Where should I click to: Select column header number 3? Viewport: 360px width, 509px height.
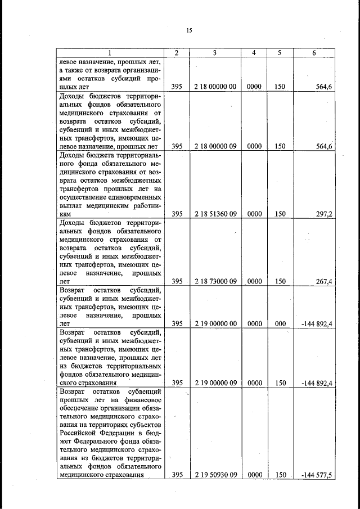coord(215,53)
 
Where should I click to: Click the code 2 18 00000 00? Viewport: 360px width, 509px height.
coord(215,87)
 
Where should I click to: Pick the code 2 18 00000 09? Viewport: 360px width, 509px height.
coord(215,146)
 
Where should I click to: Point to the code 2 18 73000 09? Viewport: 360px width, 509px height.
coord(215,281)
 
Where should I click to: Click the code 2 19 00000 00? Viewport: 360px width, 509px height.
coord(215,323)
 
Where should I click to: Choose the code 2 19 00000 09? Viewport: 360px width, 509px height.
coord(215,383)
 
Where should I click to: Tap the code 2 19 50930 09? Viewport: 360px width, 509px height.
coord(215,475)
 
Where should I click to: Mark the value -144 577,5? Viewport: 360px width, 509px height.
coord(317,475)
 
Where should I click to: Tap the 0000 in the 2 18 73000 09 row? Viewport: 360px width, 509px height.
coord(254,281)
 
